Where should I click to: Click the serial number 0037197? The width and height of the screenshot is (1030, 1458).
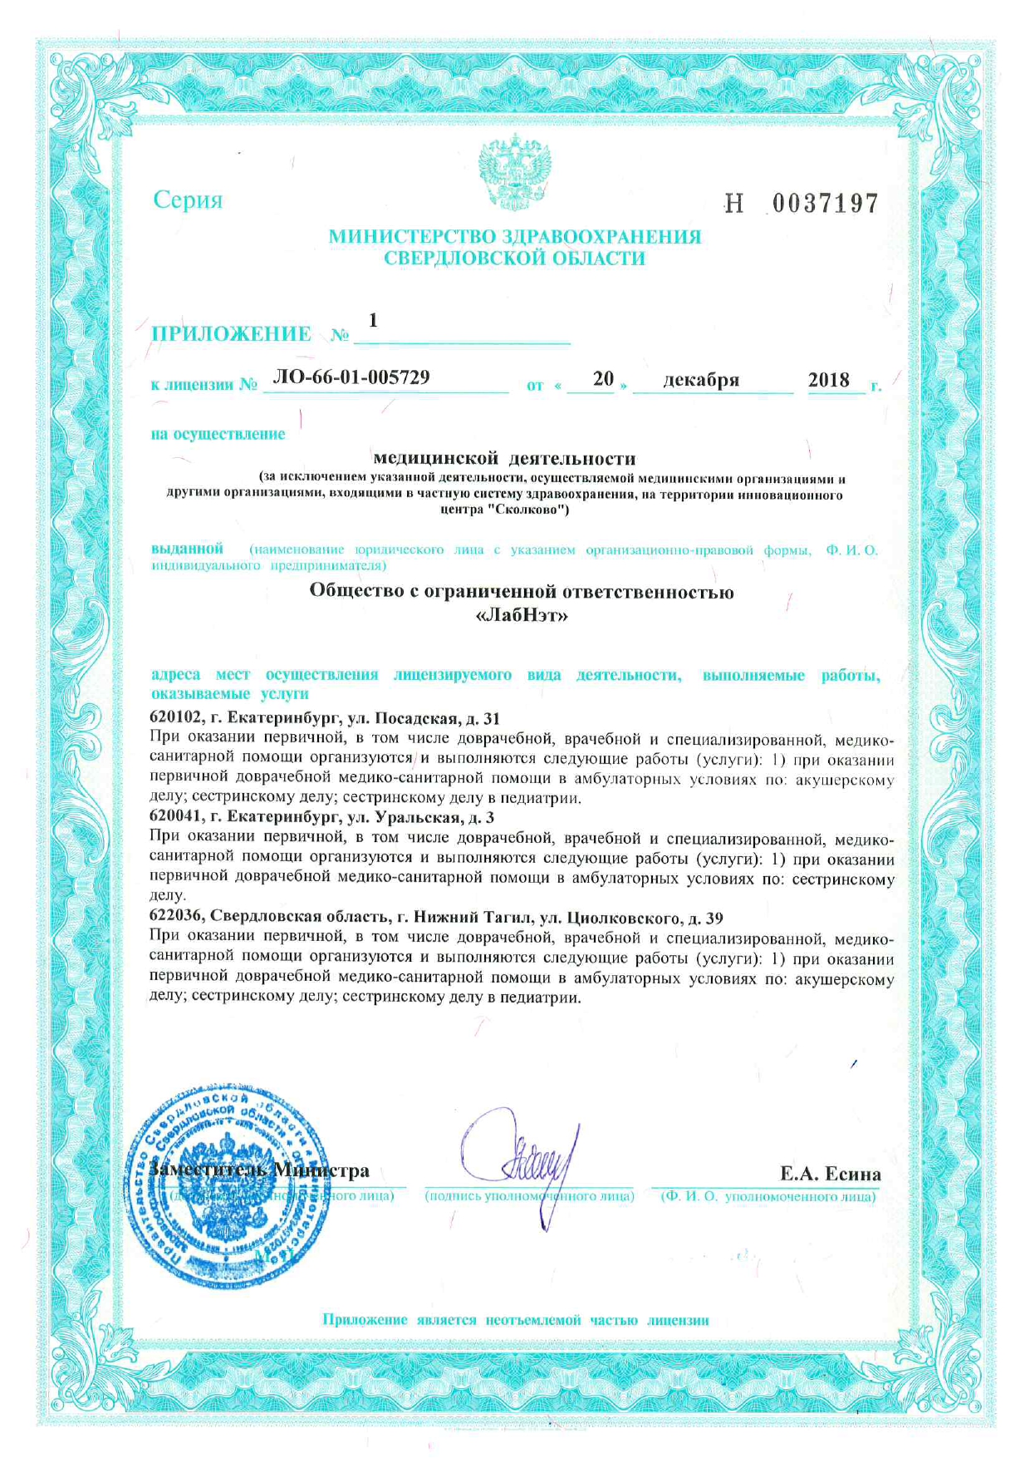point(825,204)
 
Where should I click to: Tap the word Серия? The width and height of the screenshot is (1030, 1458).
point(189,200)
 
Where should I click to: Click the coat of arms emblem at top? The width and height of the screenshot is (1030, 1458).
point(515,173)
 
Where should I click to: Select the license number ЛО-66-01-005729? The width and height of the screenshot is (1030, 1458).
point(351,377)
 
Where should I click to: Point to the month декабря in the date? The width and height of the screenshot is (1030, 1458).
point(701,380)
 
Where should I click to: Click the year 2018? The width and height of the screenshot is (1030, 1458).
point(828,380)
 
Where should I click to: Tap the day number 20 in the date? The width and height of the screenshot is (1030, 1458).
point(603,379)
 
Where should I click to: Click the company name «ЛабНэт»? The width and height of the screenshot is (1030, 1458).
point(522,616)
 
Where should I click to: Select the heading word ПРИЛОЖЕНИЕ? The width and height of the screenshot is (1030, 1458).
point(231,334)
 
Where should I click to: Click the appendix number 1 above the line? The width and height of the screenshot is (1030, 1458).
point(373,320)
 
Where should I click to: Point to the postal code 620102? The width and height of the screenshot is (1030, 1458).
point(176,718)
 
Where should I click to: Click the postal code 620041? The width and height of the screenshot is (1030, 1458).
point(176,818)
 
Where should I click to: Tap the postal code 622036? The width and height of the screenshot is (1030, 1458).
point(176,918)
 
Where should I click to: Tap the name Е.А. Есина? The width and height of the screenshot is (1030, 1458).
point(830,1174)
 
